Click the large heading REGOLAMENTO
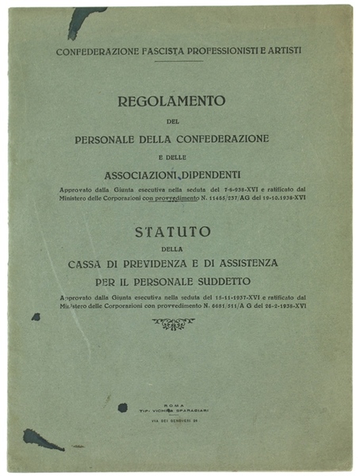(x=172, y=101)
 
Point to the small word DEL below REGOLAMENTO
(x=172, y=121)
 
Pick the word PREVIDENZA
(x=172, y=262)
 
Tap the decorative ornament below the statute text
(x=173, y=323)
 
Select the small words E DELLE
(x=172, y=156)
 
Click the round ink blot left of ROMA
(x=122, y=407)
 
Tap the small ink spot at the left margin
(x=36, y=317)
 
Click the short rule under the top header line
(x=178, y=60)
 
